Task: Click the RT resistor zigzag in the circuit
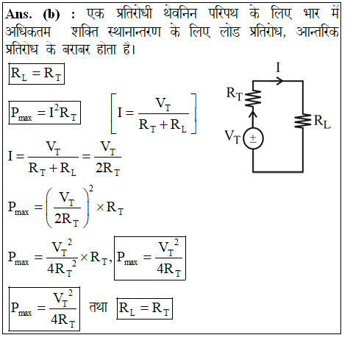coord(253,98)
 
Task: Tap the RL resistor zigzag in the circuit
coord(303,121)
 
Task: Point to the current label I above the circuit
coord(278,67)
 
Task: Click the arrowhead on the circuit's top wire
coord(279,80)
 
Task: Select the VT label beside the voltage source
coord(232,137)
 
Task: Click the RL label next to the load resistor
coord(322,121)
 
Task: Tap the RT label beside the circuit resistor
coord(235,93)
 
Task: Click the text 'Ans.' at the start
coord(18,14)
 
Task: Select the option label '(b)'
coord(51,15)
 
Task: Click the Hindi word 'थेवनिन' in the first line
coord(180,13)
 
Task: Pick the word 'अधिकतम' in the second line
coord(28,31)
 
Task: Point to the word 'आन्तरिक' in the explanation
coord(318,31)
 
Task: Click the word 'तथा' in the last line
coord(99,307)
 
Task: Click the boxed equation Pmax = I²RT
coord(44,113)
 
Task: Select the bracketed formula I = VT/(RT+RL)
coord(154,113)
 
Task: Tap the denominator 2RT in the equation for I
coord(107,169)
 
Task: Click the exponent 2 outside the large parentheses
coord(91,188)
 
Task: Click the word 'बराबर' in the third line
coord(76,49)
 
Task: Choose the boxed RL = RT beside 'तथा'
coord(145,308)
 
